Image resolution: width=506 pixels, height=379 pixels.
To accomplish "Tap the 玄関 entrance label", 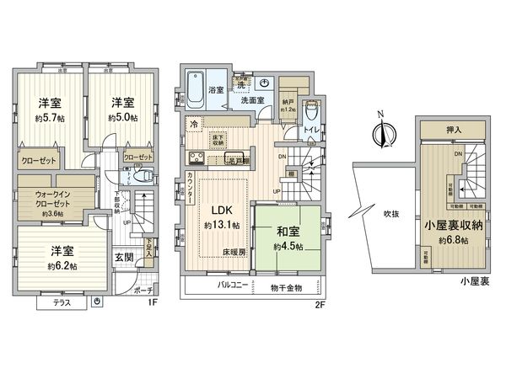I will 124,258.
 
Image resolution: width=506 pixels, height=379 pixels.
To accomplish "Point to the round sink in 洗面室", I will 265,83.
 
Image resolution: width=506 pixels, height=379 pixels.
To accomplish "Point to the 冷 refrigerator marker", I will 193,124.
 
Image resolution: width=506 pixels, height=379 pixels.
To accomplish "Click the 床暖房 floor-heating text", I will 234,252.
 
